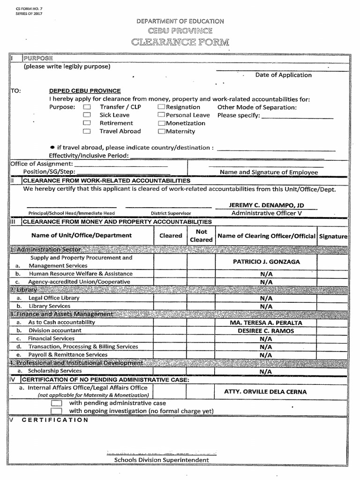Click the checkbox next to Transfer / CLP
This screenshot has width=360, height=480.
87,107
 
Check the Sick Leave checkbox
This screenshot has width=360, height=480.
87,115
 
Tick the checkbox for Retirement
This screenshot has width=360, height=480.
87,123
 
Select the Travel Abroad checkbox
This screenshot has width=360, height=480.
87,132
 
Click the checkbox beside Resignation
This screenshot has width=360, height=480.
162,107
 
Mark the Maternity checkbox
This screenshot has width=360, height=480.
162,132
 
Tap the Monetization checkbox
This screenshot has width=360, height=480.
162,123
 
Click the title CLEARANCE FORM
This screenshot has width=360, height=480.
180,42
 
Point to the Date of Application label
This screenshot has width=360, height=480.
283,75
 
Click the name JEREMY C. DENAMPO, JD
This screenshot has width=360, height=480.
266,205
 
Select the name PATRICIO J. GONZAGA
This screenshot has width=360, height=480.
266,262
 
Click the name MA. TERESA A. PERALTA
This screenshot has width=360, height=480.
266,323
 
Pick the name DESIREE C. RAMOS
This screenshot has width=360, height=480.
266,331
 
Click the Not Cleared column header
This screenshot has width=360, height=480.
201,235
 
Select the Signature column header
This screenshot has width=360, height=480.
333,236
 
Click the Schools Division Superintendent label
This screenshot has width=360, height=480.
162,460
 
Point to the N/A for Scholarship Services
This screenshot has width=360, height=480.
266,371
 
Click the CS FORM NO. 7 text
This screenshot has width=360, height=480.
29,9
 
